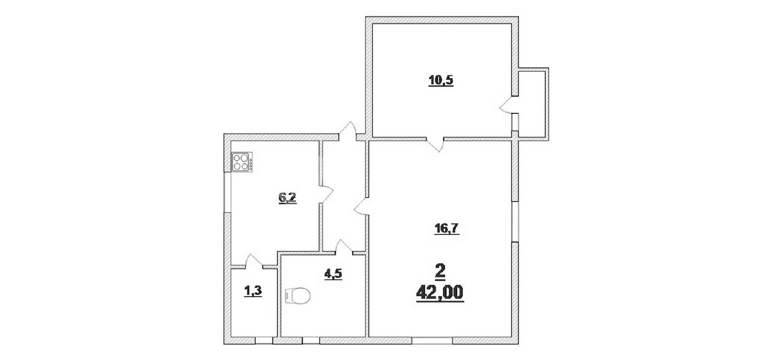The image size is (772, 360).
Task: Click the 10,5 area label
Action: pos(441,80)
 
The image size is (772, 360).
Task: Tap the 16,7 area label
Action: pos(446,229)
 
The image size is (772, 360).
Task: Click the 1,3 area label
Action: pos(253,291)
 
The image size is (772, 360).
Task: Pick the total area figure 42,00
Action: pos(440,293)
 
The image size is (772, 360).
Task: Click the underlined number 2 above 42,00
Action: pos(440,271)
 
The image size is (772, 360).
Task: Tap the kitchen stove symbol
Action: pos(242,162)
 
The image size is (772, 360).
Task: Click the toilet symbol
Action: pos(298,296)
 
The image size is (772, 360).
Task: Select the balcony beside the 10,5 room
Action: pos(532,104)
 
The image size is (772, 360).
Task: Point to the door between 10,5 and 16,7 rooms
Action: pos(435,145)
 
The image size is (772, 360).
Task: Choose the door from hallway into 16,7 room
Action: pos(362,207)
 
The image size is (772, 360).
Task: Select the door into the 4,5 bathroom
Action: pos(344,247)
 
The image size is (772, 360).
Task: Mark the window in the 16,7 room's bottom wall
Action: pos(432,341)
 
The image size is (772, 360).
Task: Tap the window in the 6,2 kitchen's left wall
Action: pos(227,192)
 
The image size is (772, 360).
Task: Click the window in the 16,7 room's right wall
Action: pos(515,222)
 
